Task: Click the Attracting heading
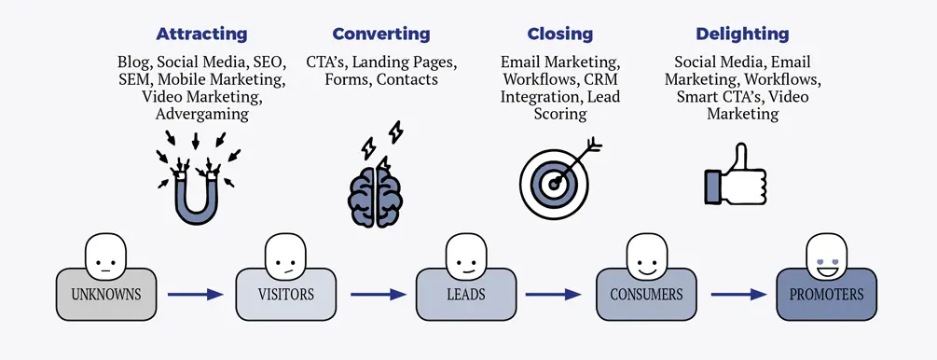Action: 201,35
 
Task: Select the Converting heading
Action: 380,35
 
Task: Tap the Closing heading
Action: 559,35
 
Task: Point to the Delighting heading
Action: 729,35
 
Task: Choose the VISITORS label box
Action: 284,295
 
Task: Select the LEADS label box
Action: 465,295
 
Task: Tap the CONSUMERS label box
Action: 646,295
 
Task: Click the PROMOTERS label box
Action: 826,295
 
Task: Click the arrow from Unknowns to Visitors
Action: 196,295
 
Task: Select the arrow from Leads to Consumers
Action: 557,295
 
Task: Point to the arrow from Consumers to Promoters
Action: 737,295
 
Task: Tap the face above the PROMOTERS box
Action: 826,256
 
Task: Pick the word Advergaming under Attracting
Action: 201,114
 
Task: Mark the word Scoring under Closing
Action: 559,114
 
